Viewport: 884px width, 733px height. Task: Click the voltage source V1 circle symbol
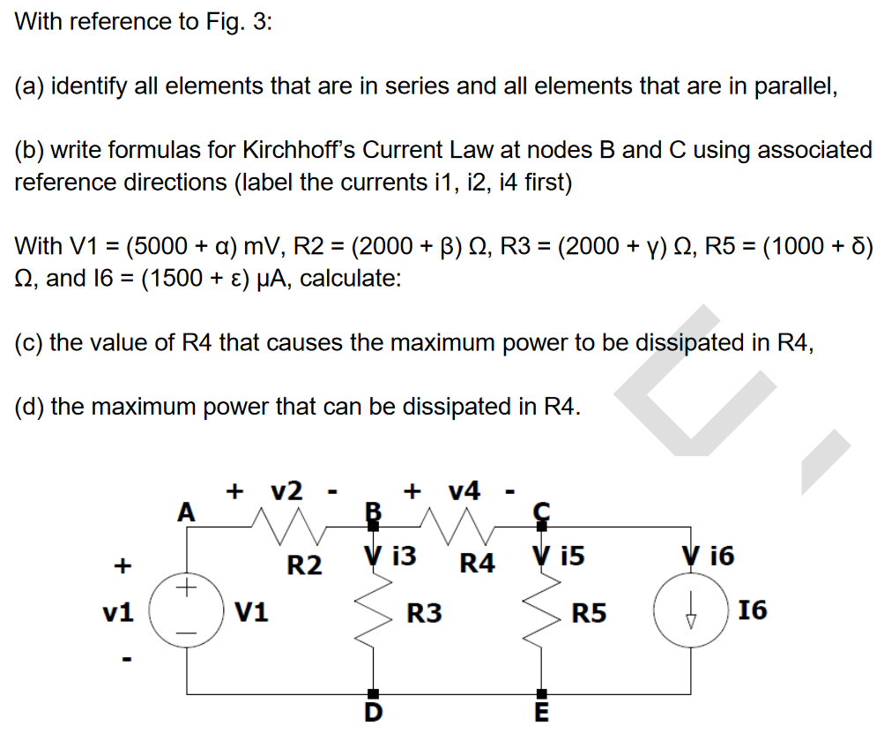186,610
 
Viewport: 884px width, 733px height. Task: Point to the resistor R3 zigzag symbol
373,609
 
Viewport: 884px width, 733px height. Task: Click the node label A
186,512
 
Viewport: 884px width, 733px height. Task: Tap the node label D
373,713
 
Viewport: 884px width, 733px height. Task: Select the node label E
541,713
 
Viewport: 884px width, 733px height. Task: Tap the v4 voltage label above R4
464,490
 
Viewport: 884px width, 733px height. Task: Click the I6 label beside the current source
754,610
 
